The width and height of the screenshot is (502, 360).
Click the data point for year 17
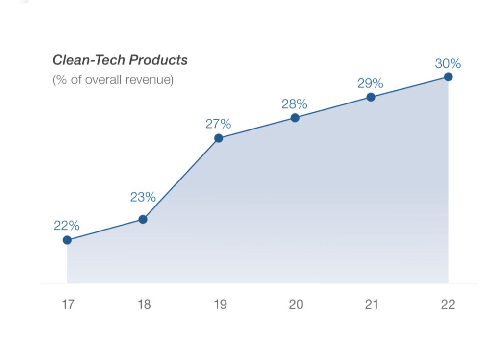(x=67, y=240)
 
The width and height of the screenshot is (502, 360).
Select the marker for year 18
(x=143, y=219)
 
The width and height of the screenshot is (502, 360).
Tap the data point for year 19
(x=219, y=138)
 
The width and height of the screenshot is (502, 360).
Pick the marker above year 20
(x=295, y=118)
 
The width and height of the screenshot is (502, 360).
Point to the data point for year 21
(x=371, y=97)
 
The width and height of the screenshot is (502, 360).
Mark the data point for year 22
(x=448, y=77)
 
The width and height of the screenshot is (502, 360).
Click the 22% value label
(x=67, y=226)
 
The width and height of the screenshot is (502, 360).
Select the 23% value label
(x=143, y=198)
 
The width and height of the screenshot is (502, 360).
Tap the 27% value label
(x=218, y=124)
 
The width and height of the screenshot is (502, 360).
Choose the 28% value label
(x=294, y=104)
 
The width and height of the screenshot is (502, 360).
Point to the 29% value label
(x=370, y=83)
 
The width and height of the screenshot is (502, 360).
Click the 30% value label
(x=448, y=64)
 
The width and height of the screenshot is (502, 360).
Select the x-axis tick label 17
(x=68, y=305)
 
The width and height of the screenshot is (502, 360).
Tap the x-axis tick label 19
(x=220, y=305)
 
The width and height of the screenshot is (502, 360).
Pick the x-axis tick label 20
(x=296, y=305)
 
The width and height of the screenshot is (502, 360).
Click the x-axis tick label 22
(x=448, y=305)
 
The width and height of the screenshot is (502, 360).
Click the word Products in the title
(x=158, y=60)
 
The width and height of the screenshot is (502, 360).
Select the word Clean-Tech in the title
(x=89, y=60)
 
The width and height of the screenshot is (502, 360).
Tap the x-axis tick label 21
(x=372, y=305)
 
